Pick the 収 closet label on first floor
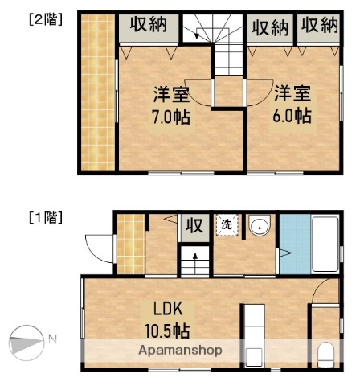click(x=194, y=226)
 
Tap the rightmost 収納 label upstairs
click(x=321, y=26)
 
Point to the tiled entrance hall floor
click(x=129, y=242)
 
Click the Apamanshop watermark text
click(x=180, y=351)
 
